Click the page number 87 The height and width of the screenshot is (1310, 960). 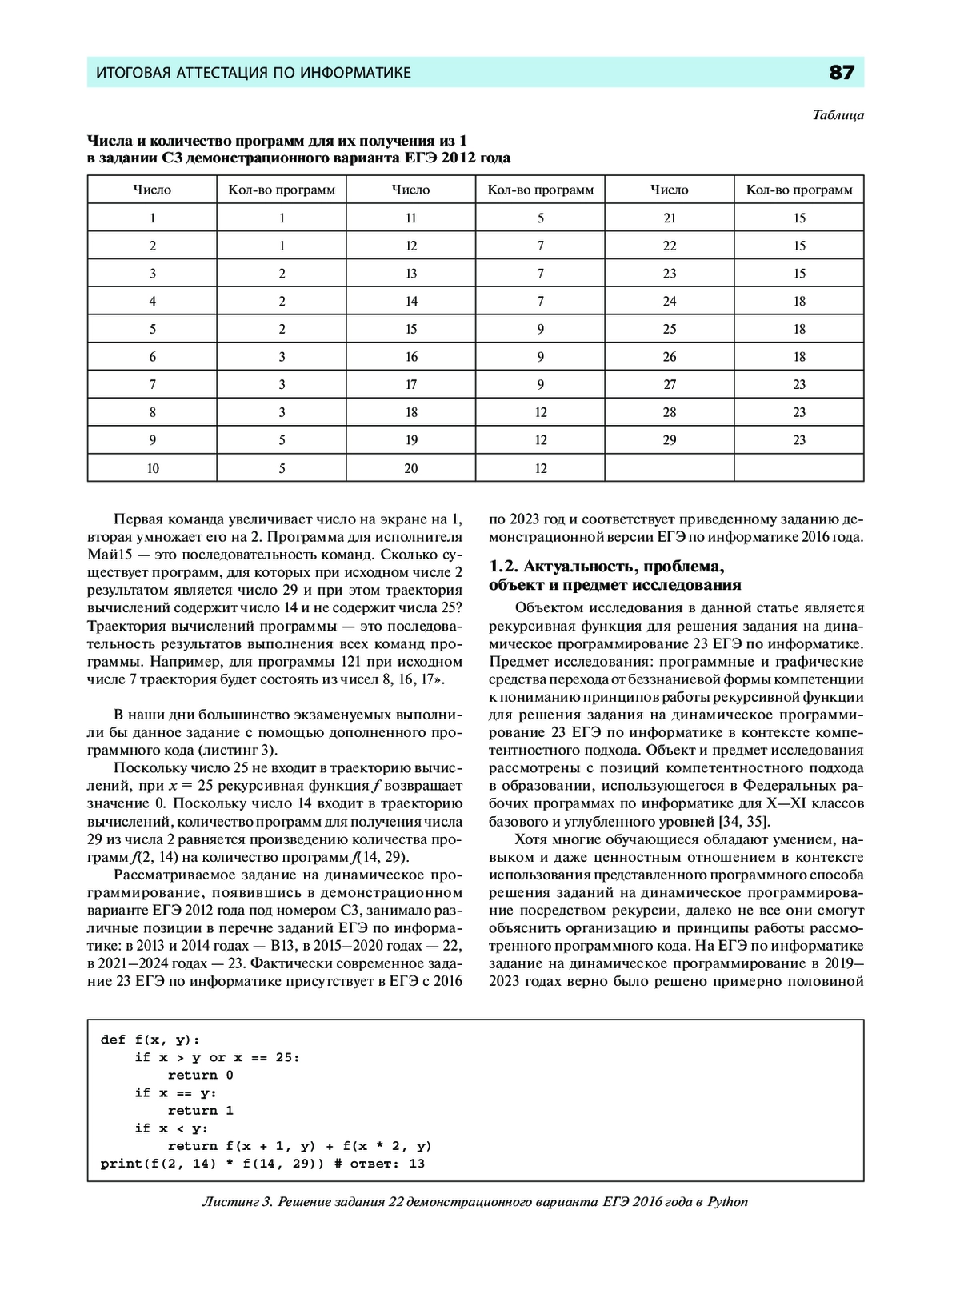tap(842, 73)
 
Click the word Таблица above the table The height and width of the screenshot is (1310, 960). tap(838, 115)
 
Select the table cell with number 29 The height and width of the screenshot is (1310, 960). tap(670, 440)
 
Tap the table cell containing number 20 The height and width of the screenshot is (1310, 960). tap(411, 468)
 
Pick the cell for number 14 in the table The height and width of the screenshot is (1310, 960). tap(411, 302)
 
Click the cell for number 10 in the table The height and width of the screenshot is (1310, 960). tap(152, 468)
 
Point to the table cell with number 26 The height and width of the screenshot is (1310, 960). tap(670, 357)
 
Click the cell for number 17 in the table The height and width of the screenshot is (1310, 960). tap(411, 385)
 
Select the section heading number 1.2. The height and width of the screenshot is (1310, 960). tap(504, 567)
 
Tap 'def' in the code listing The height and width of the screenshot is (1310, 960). tap(113, 1040)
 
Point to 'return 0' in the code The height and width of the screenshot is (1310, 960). tap(200, 1075)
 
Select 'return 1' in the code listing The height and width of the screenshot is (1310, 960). tap(200, 1111)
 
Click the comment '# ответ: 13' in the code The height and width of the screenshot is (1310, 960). tap(379, 1164)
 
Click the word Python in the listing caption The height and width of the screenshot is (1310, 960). tap(727, 1201)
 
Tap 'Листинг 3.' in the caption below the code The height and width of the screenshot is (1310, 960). tap(238, 1201)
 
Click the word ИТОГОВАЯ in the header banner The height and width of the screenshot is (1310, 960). tap(133, 73)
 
